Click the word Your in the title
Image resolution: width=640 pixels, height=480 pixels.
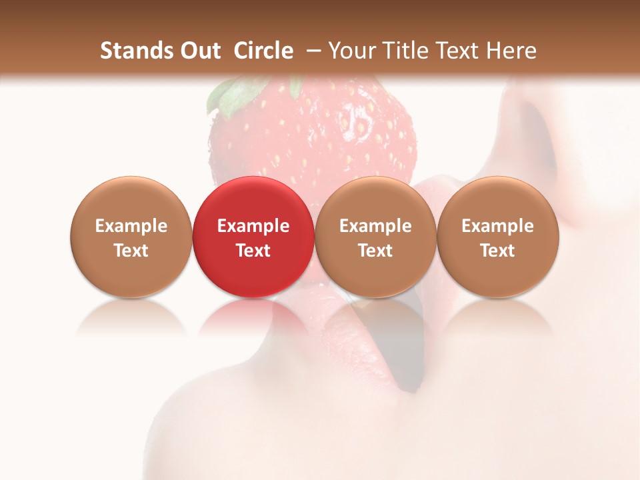(x=351, y=51)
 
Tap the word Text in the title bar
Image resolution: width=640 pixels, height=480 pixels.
(x=456, y=51)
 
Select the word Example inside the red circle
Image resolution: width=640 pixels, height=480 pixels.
(x=253, y=226)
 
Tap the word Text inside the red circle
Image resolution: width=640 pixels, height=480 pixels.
(x=253, y=251)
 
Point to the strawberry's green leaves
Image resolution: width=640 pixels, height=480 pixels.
(x=230, y=93)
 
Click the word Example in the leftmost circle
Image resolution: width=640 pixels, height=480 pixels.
(x=131, y=226)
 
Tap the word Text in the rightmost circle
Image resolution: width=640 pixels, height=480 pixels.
(x=498, y=251)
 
